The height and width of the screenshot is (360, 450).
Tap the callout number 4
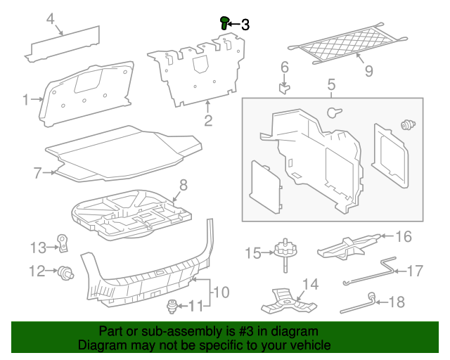[x=51, y=19]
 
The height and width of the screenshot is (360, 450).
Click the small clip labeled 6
[x=284, y=87]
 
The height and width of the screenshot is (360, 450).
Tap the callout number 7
[x=38, y=172]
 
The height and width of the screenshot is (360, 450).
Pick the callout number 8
[x=183, y=185]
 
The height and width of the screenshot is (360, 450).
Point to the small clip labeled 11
[x=171, y=307]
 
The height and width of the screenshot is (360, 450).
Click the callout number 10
[x=221, y=291]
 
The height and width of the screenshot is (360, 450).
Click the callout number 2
[x=208, y=120]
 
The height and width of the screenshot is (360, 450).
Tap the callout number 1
[x=26, y=100]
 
